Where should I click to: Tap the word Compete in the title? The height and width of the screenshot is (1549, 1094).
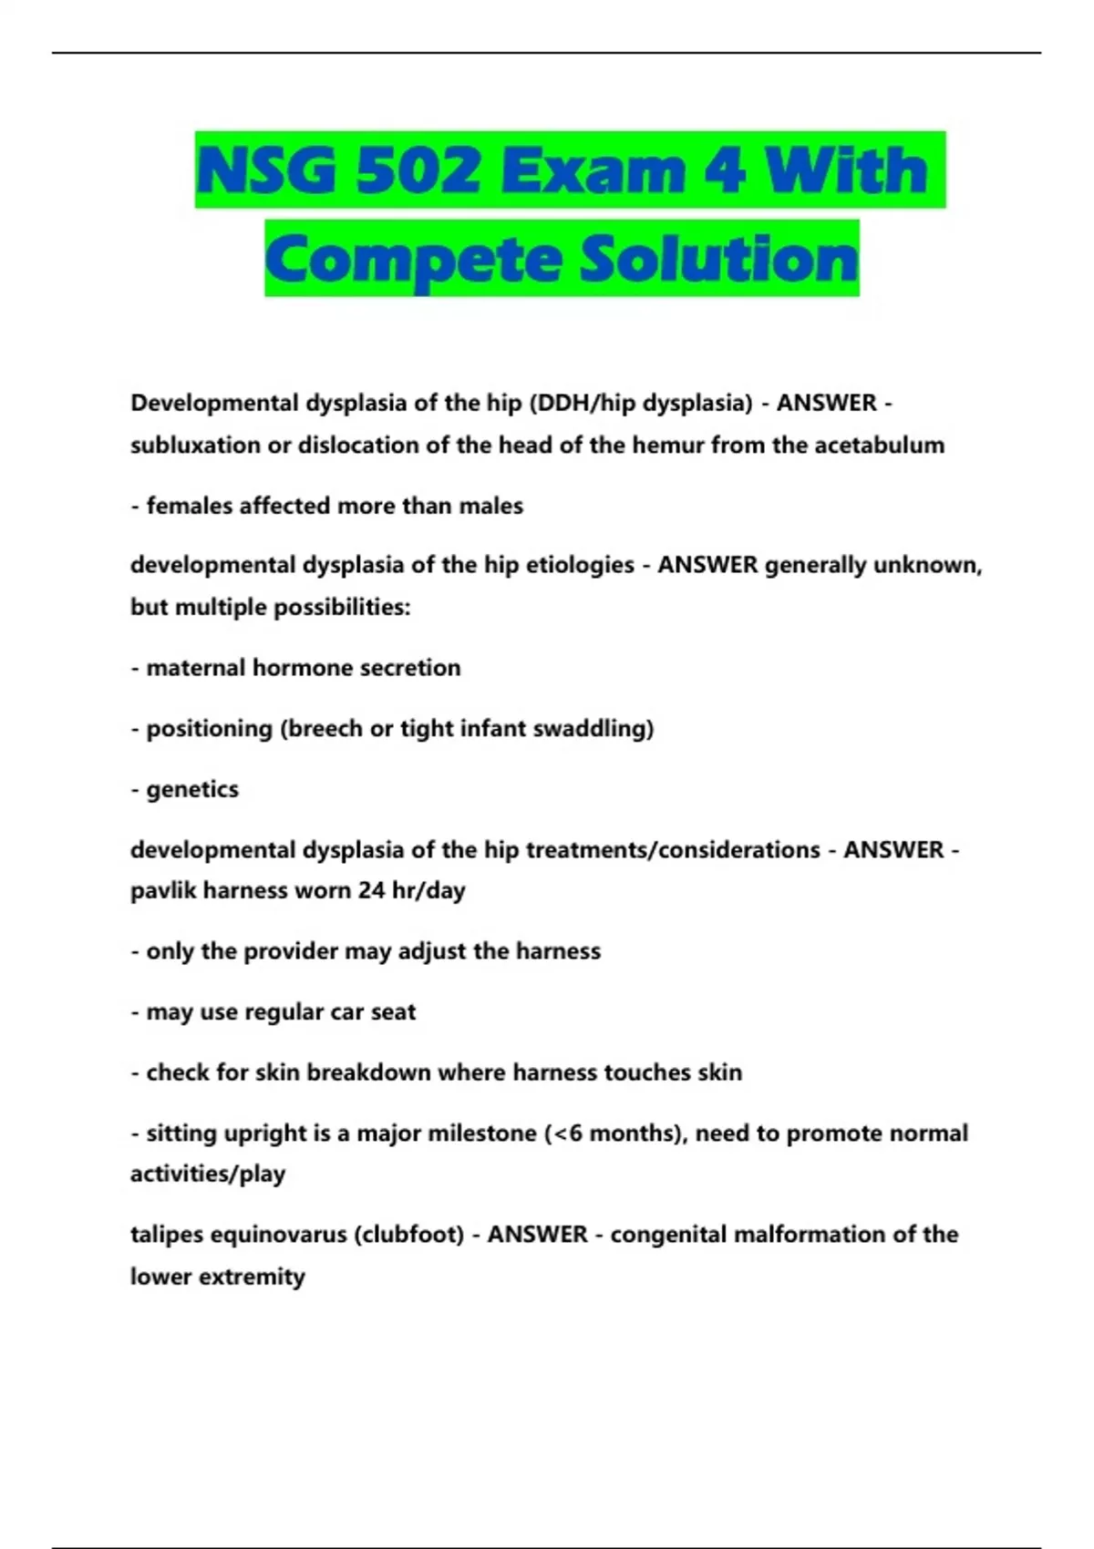[x=413, y=260]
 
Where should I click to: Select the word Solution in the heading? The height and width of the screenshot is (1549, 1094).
[x=719, y=259]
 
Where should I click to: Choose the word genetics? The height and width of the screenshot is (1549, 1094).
[x=192, y=790]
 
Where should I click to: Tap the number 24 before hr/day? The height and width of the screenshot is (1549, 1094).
[x=371, y=890]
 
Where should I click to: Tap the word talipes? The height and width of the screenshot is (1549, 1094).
[x=167, y=1236]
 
